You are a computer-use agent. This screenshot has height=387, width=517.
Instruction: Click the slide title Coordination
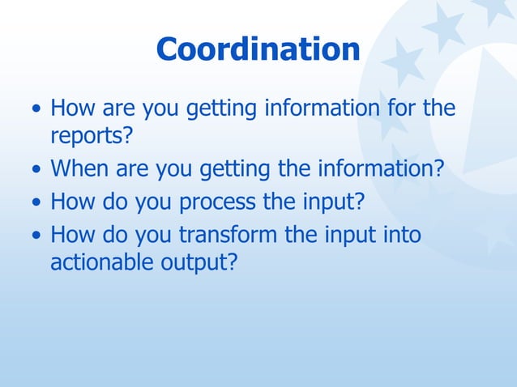tap(258, 49)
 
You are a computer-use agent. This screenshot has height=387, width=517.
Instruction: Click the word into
tap(399, 235)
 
